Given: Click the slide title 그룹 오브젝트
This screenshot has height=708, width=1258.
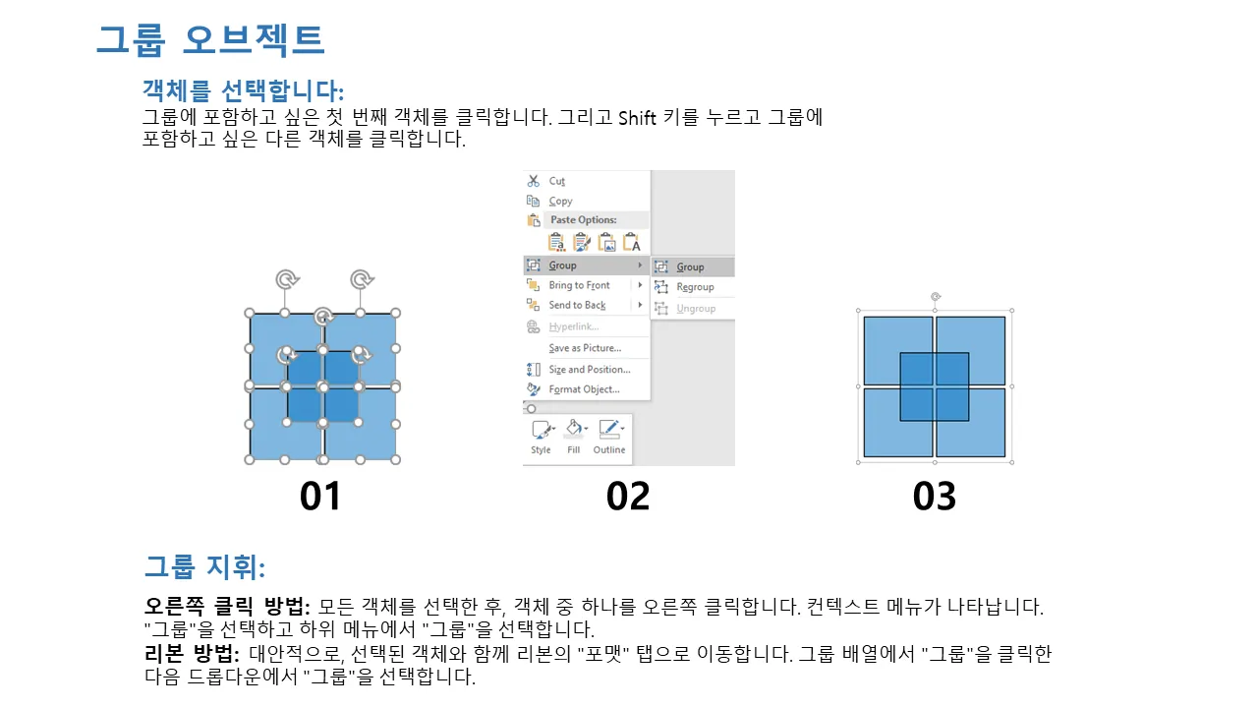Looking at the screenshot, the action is (x=210, y=40).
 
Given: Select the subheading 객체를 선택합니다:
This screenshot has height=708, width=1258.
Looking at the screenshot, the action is (x=243, y=89).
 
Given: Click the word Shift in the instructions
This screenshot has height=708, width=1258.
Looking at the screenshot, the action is (x=637, y=118).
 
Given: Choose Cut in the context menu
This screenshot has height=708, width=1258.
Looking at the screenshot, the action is (x=556, y=181).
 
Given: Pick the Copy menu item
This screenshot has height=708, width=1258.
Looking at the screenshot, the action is (x=560, y=201).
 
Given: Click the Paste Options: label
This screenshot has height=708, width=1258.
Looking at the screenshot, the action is (x=583, y=219).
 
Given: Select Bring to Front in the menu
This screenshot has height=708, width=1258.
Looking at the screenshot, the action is (x=579, y=285).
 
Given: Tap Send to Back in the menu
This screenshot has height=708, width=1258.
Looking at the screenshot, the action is (x=577, y=305).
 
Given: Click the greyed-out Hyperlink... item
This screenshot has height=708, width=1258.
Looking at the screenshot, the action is (x=573, y=326).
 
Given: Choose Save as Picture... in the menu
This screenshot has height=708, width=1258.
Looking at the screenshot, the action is (x=585, y=348).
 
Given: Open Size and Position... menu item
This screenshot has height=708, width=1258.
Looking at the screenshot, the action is (x=589, y=369).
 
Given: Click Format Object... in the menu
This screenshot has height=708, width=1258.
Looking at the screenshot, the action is (x=584, y=389).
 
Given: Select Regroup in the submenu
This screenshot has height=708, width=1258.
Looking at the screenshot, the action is (x=695, y=287).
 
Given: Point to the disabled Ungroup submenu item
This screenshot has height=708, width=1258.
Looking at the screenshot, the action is (x=696, y=309).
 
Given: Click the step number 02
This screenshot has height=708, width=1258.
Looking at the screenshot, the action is (x=628, y=497).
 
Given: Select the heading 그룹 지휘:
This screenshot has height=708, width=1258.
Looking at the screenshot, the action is (x=205, y=566).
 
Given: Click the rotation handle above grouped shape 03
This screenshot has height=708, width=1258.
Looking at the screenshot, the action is (x=935, y=297).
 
